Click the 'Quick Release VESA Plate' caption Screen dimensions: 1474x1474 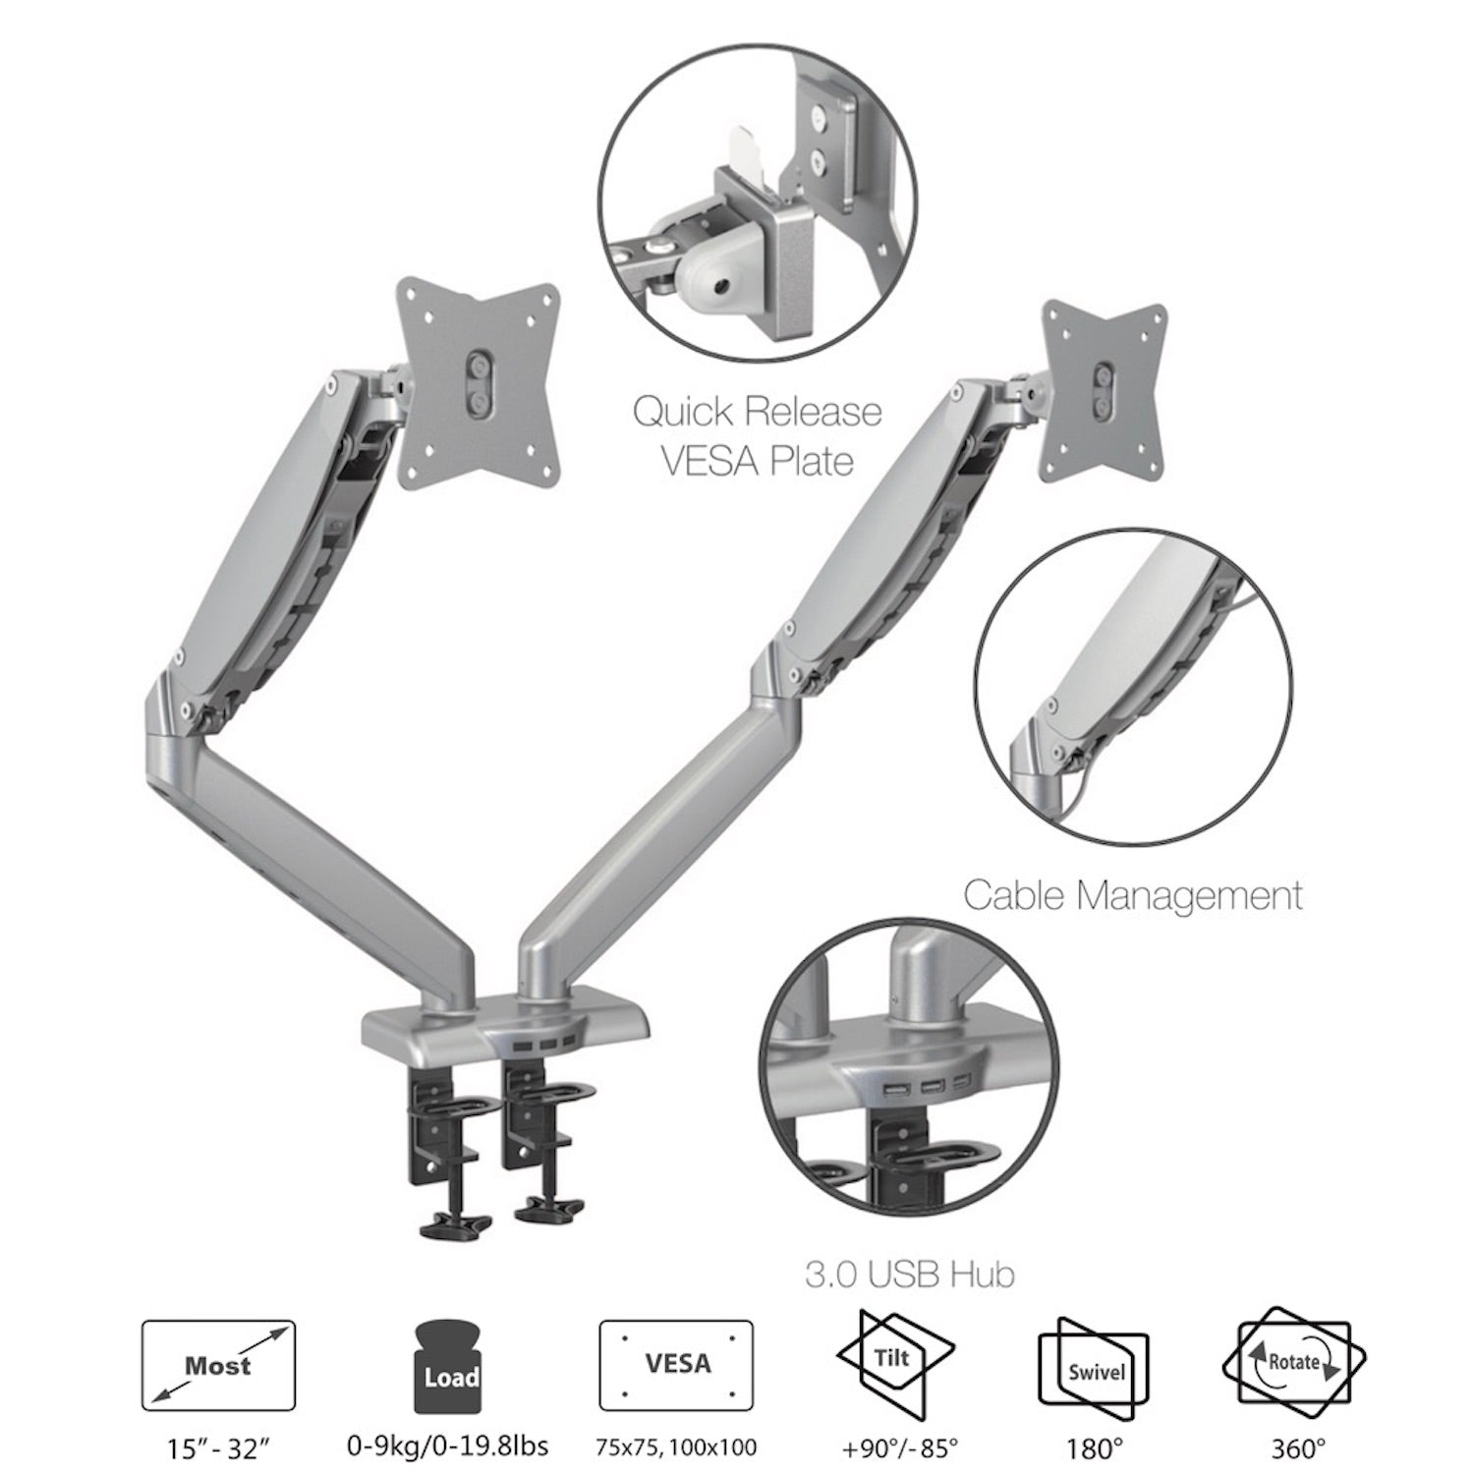(x=757, y=435)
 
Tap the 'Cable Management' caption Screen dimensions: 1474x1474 (x=1132, y=895)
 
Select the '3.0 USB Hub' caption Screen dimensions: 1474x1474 (x=909, y=1275)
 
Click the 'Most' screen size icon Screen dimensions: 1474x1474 (x=218, y=1367)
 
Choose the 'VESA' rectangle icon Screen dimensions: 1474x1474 (x=676, y=1366)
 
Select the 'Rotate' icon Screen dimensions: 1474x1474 (x=1293, y=1362)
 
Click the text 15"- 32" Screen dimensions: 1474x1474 (x=217, y=1446)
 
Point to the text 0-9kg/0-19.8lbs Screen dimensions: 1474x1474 (x=448, y=1446)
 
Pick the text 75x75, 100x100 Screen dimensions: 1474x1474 (x=676, y=1446)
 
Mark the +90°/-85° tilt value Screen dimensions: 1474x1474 (x=896, y=1446)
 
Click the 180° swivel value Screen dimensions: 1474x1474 (x=1095, y=1446)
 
